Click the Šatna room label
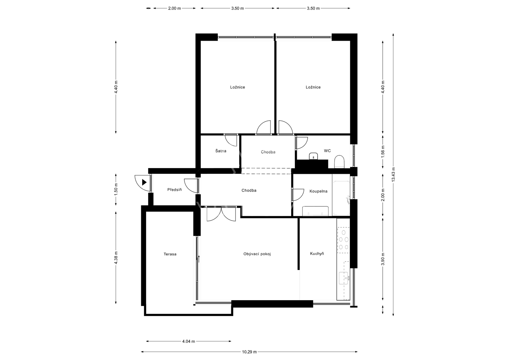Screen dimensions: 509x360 point(221,151)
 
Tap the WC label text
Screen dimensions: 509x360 point(327,151)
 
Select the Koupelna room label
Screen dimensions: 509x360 point(318,191)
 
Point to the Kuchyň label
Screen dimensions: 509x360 point(317,254)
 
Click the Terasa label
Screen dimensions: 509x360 point(170,254)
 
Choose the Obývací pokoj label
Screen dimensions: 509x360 point(257,254)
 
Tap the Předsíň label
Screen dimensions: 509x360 point(175,189)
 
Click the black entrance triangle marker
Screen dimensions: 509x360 point(144,182)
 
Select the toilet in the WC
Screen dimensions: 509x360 point(339,162)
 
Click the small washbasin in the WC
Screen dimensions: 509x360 point(314,156)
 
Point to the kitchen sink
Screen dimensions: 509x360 point(344,278)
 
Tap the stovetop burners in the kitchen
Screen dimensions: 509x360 point(344,240)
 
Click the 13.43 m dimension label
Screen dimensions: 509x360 point(393,174)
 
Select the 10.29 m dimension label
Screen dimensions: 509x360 point(249,352)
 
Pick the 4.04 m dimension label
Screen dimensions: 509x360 point(189,341)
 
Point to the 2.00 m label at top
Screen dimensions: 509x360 point(175,8)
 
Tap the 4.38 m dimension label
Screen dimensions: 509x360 point(116,258)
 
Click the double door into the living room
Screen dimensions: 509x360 point(221,214)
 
